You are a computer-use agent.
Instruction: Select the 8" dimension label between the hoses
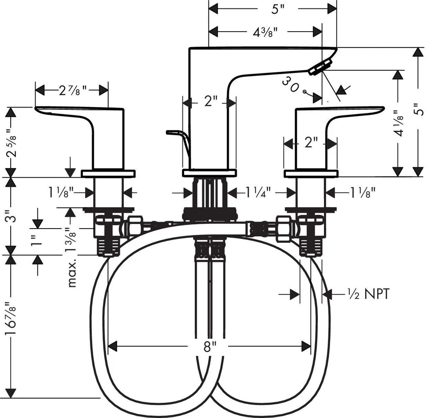pyautogui.click(x=209, y=346)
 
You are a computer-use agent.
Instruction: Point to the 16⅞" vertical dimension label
pyautogui.click(x=13, y=321)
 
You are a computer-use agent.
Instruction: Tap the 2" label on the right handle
pyautogui.click(x=311, y=143)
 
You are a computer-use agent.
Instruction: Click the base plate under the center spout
pyautogui.click(x=209, y=173)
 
